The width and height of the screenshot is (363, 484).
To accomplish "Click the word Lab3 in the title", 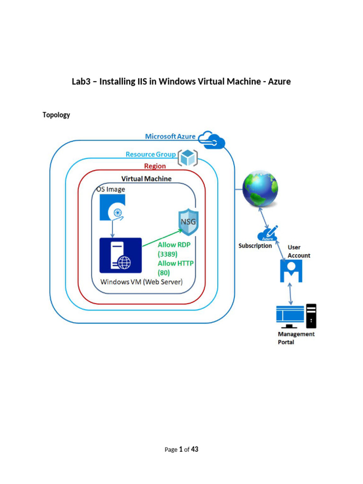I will click(x=81, y=82).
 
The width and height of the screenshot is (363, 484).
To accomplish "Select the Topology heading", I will click(x=56, y=115).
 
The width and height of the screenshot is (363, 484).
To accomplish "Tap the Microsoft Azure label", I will click(x=170, y=137).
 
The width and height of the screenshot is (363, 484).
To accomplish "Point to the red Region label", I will click(x=155, y=166).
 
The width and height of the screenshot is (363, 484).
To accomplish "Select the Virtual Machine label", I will click(x=147, y=179).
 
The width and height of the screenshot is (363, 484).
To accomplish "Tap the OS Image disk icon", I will click(x=112, y=208).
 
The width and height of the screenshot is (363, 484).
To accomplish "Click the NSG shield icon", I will click(x=187, y=223).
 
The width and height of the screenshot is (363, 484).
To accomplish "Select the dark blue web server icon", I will click(x=121, y=255).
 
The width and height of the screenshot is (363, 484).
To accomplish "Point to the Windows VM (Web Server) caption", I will click(x=141, y=282).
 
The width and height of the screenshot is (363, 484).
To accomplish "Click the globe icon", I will click(x=260, y=189).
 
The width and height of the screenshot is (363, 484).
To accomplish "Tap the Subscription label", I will click(x=255, y=246).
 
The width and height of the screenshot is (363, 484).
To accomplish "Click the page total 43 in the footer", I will click(x=195, y=449).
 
